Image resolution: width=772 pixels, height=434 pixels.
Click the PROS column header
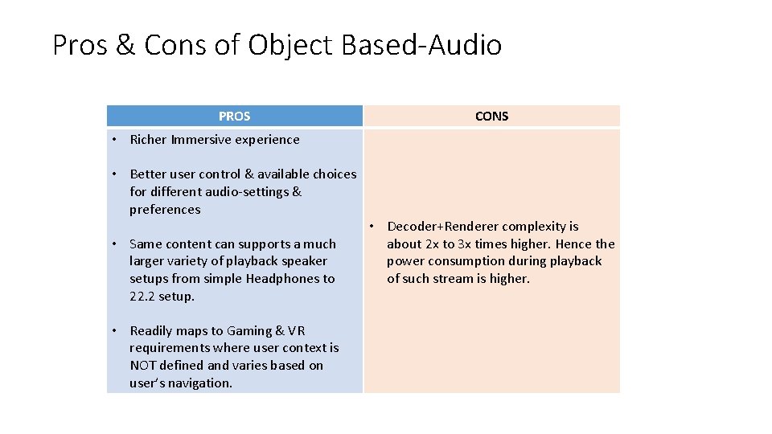234,117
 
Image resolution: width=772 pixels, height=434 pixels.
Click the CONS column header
491,117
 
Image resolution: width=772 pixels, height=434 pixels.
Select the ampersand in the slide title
125,45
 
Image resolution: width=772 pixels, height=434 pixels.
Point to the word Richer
148,140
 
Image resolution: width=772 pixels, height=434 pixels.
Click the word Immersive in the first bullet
198,140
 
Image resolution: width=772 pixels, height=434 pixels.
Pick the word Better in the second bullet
148,174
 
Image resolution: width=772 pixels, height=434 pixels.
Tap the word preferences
165,210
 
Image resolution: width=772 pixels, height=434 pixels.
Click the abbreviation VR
297,331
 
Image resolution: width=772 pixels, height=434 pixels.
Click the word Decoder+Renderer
440,227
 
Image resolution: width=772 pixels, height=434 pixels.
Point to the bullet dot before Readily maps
115,331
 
